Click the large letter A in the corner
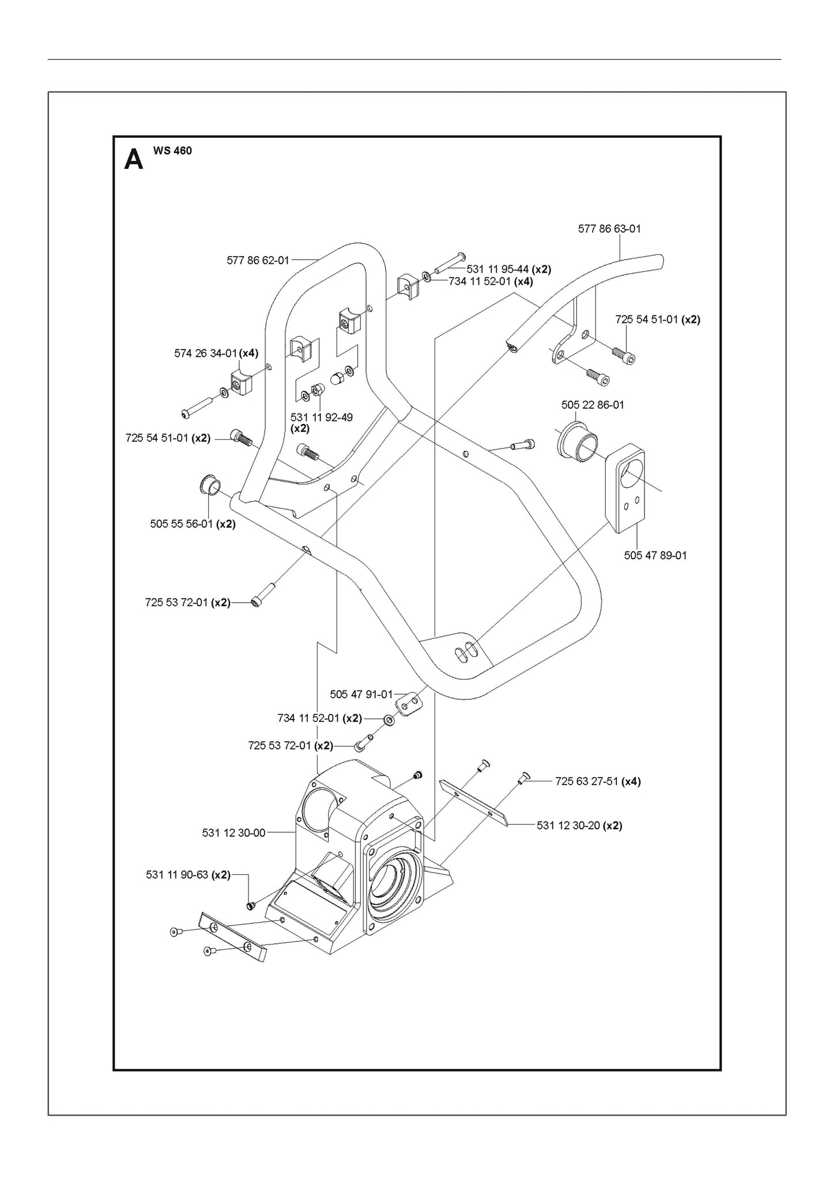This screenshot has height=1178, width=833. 133,160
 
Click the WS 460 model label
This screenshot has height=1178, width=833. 172,151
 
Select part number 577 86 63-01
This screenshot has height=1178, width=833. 609,229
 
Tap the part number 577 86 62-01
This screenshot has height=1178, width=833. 258,261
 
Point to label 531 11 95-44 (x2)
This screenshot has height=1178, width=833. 508,269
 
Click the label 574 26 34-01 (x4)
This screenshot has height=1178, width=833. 216,353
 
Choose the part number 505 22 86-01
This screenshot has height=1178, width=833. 592,405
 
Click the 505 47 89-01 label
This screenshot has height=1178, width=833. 655,555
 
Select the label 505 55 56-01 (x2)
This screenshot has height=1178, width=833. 193,524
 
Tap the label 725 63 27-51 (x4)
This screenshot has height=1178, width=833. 597,781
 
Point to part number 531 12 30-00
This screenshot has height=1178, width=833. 233,833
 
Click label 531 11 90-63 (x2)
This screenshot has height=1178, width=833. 188,875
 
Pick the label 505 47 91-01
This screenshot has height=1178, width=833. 361,694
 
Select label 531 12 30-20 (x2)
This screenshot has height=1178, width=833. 579,825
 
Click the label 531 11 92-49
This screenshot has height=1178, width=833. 321,417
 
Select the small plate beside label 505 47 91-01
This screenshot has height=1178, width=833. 409,704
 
